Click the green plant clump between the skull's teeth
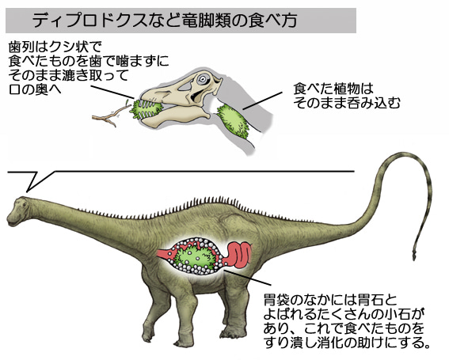[x=146, y=109]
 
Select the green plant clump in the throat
[x=234, y=121]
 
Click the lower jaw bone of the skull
[x=175, y=115]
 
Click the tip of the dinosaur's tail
[x=414, y=258]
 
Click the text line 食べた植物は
[x=333, y=89]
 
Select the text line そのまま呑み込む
[x=347, y=103]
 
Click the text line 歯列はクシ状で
[x=55, y=47]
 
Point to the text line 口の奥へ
[x=35, y=89]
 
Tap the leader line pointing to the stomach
[x=247, y=277]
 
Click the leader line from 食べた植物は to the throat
[x=263, y=100]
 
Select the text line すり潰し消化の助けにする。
[x=348, y=343]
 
